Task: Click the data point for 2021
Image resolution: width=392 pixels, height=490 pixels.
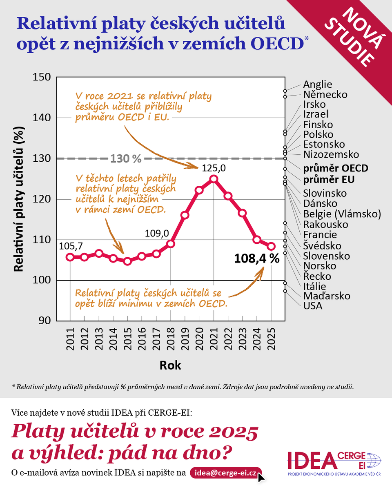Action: [x=214, y=179]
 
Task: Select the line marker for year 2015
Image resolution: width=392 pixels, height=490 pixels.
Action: [x=127, y=261]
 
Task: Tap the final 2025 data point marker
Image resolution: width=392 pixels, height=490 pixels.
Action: [x=271, y=246]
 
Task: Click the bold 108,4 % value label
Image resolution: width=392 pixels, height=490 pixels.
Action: [x=257, y=258]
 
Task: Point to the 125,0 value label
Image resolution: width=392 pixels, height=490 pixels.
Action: [x=214, y=168]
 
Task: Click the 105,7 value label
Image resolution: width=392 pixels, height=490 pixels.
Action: [x=71, y=246]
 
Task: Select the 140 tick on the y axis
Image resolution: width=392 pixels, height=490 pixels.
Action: [x=42, y=118]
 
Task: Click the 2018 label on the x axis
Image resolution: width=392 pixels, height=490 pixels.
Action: [x=171, y=339]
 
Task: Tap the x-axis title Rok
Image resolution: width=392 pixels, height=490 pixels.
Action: [x=170, y=365]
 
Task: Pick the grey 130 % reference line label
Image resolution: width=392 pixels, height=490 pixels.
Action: [x=126, y=158]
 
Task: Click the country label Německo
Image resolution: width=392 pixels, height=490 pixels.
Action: [x=325, y=94]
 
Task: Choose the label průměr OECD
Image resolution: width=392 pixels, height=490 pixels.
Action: [x=336, y=168]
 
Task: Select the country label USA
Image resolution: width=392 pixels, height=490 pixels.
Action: [x=313, y=306]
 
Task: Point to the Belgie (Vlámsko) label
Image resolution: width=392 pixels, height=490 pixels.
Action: [x=342, y=214]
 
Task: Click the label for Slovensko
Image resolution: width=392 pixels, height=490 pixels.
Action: [x=326, y=256]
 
